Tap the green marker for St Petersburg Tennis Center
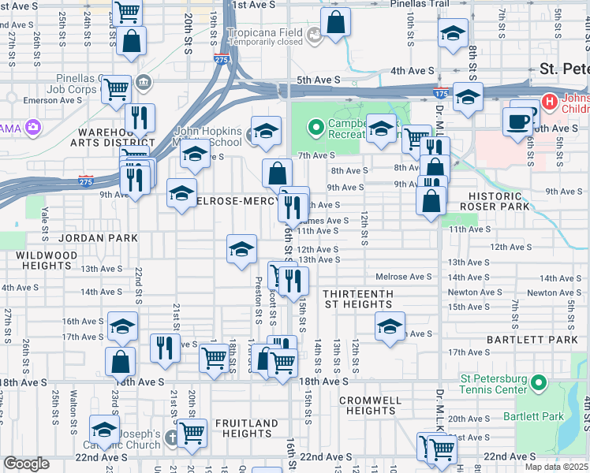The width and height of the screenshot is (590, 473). [539, 383]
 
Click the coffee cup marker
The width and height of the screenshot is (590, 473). [518, 121]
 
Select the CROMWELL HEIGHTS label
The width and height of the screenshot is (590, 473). [368, 405]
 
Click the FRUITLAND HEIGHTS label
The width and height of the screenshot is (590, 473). [247, 428]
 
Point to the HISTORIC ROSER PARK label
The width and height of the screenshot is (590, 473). [506, 201]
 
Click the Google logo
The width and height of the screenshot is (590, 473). [26, 464]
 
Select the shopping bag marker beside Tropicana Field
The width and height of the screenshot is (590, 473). [336, 23]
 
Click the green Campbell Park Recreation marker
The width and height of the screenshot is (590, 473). [317, 126]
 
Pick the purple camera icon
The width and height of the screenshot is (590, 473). [32, 126]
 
